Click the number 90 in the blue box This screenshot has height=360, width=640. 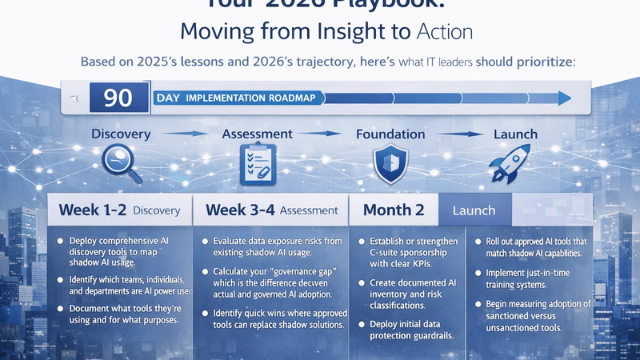(x=118, y=98)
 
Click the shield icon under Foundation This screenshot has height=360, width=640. (x=390, y=162)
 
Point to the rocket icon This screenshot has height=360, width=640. (x=513, y=162)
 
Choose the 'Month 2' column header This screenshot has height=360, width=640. (x=393, y=210)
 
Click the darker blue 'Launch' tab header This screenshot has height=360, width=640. (x=474, y=211)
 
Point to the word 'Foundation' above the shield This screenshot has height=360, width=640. (x=390, y=134)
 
